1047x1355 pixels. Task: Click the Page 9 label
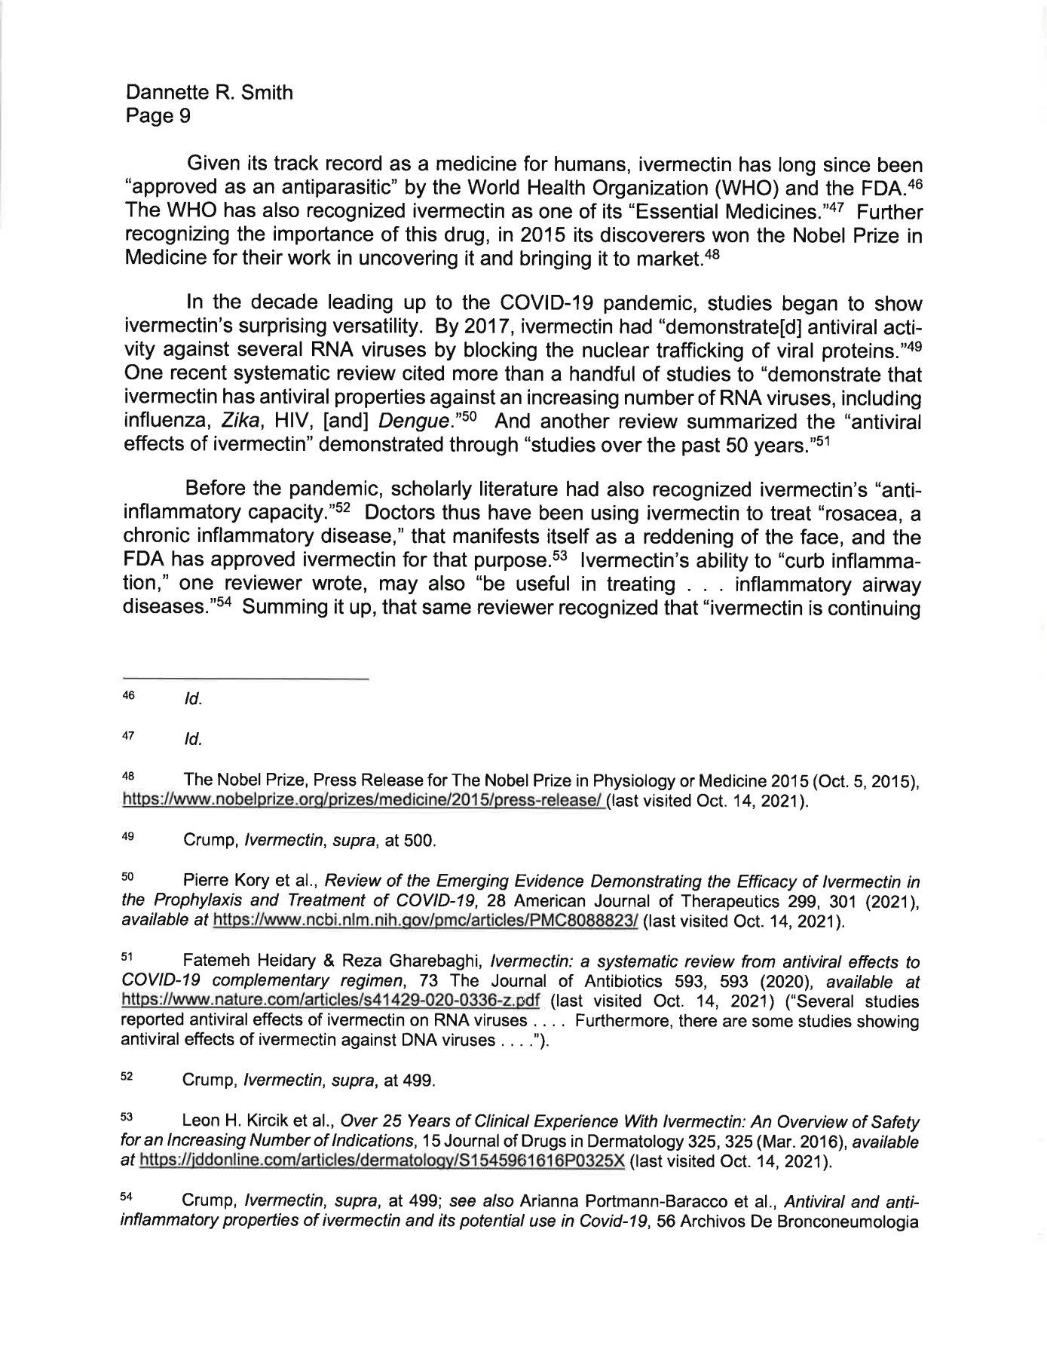pyautogui.click(x=158, y=116)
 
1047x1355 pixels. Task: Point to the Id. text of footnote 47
pyautogui.click(x=193, y=740)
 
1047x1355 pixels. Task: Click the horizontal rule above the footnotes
pyautogui.click(x=245, y=679)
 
